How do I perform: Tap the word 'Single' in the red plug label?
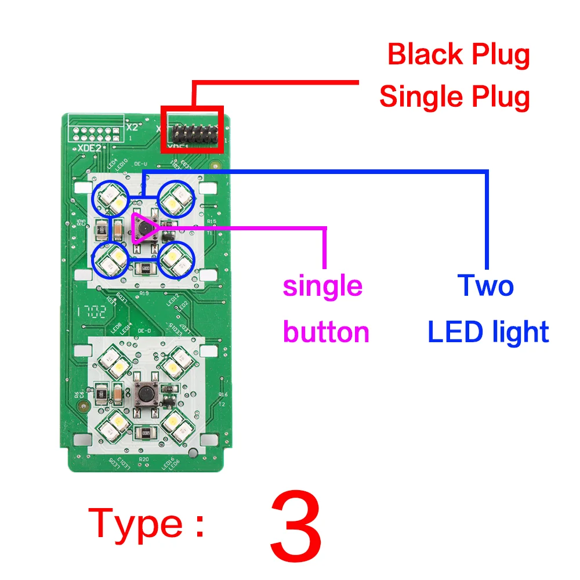point(415,97)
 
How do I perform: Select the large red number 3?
point(296,525)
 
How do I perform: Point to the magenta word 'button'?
point(326,332)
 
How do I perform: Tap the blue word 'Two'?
point(485,285)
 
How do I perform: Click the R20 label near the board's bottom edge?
point(144,459)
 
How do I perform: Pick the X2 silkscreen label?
point(132,126)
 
